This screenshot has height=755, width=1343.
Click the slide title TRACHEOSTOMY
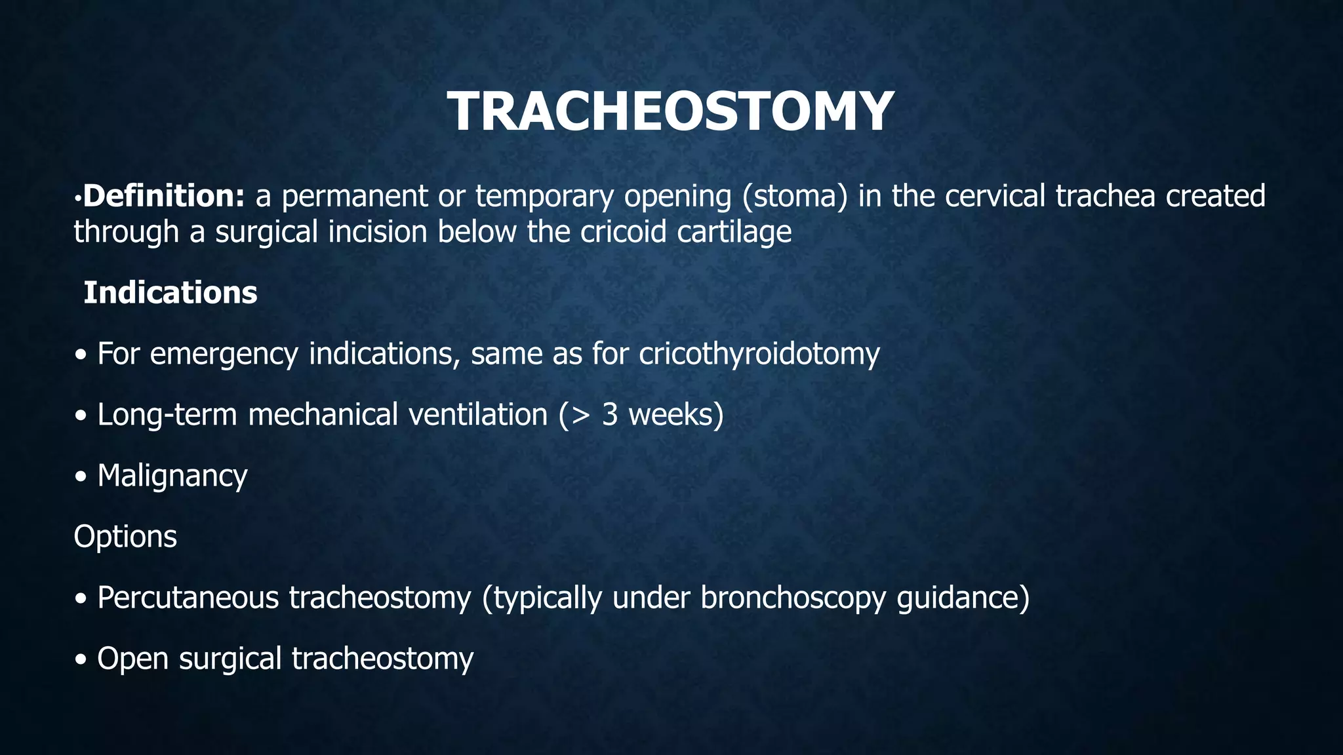pos(670,111)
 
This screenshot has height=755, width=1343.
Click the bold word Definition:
pos(164,196)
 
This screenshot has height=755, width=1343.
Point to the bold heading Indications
pos(170,292)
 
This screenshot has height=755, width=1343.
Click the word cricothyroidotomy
pos(759,354)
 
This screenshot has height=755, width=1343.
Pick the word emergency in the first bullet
pos(224,354)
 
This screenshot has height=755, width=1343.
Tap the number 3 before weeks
pos(609,415)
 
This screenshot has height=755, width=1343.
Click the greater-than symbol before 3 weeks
pos(581,415)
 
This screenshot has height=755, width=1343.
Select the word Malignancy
pos(172,476)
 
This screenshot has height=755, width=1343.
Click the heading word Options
pos(125,536)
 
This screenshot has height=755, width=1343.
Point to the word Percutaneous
pos(188,597)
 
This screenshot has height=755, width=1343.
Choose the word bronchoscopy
pos(792,597)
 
